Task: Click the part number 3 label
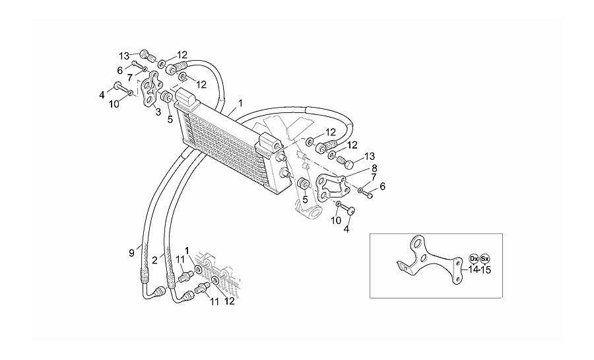click(158, 112)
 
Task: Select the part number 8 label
click(374, 168)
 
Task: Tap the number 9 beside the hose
click(131, 253)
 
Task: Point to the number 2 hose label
click(154, 260)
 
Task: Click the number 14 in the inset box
click(473, 270)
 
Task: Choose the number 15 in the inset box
click(486, 270)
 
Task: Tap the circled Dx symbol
click(473, 259)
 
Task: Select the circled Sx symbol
click(484, 259)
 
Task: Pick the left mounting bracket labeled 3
click(150, 89)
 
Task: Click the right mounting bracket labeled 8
click(331, 186)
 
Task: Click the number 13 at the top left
click(124, 56)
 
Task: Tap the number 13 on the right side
click(370, 156)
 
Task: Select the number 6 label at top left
click(119, 71)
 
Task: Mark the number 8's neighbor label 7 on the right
click(374, 177)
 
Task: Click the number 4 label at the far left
click(102, 95)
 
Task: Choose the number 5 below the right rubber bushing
click(305, 199)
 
